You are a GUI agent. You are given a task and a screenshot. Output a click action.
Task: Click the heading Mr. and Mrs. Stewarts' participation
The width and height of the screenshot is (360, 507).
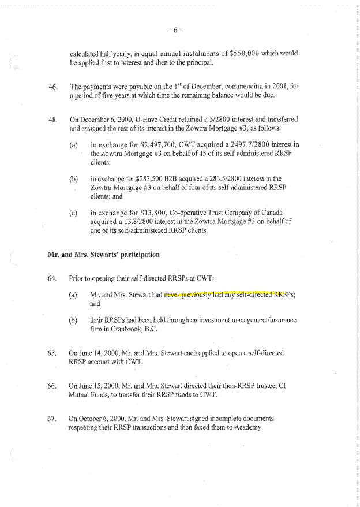click(x=103, y=254)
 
